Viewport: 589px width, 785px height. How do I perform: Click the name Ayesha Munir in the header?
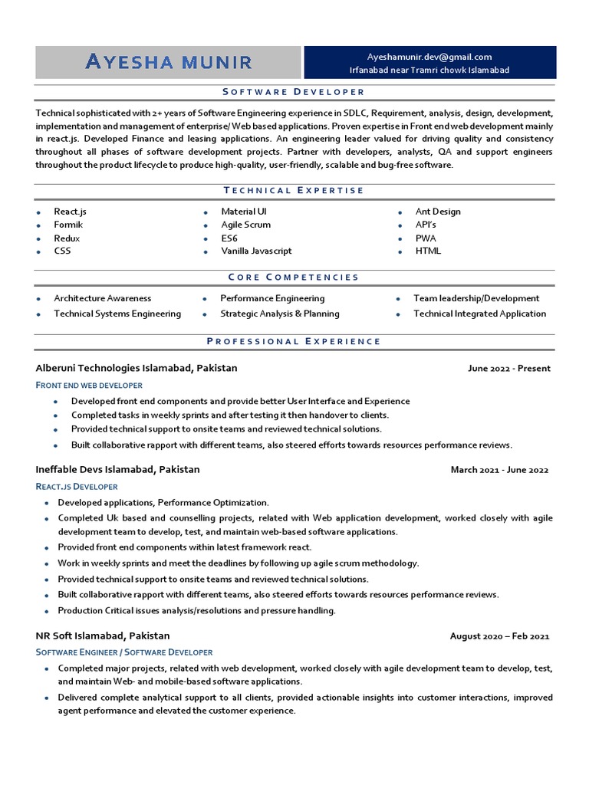click(168, 62)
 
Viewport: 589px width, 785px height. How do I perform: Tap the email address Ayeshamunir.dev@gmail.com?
click(429, 57)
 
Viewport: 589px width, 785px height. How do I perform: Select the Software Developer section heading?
click(294, 92)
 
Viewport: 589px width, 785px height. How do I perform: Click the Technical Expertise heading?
click(294, 191)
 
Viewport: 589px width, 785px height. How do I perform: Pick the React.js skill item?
click(70, 212)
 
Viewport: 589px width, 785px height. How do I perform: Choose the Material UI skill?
click(244, 212)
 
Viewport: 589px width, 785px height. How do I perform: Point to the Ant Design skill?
click(438, 212)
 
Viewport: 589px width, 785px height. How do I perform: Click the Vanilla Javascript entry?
click(256, 251)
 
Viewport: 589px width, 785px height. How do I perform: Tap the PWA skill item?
click(426, 238)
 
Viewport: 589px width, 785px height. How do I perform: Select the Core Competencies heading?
click(294, 278)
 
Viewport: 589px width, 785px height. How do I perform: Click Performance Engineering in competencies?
click(272, 298)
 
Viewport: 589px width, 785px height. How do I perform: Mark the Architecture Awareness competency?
click(102, 298)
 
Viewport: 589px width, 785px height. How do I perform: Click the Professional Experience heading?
click(294, 341)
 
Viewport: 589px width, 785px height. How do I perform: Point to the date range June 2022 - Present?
click(508, 369)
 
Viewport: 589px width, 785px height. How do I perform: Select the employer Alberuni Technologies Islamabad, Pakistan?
click(137, 368)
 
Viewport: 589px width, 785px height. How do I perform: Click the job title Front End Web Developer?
click(89, 385)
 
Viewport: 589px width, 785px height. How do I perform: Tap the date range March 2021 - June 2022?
click(499, 470)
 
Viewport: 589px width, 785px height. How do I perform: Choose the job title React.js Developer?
click(77, 486)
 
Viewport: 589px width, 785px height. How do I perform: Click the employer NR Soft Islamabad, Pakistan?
click(103, 636)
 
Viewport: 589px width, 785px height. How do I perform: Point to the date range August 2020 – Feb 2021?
click(499, 636)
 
